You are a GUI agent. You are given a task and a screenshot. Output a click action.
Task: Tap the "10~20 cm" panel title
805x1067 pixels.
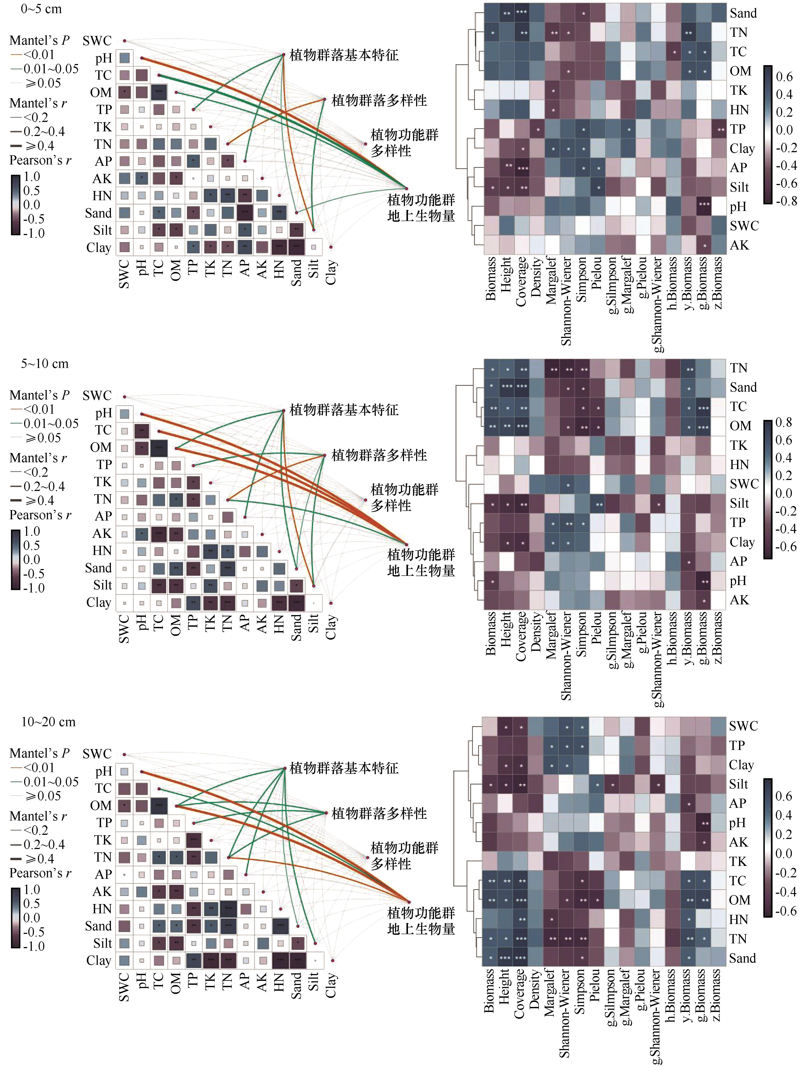click(x=48, y=722)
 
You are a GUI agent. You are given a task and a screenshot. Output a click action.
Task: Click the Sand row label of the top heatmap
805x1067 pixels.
click(x=743, y=13)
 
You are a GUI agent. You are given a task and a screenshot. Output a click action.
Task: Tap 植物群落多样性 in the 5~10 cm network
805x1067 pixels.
click(x=379, y=455)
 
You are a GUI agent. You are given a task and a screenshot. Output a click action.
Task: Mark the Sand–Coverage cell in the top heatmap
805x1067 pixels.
click(x=521, y=12)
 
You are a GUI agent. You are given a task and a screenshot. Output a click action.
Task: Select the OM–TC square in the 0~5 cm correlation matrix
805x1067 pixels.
click(x=159, y=92)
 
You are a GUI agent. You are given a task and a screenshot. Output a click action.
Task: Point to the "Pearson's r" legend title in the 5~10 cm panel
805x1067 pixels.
click(x=40, y=515)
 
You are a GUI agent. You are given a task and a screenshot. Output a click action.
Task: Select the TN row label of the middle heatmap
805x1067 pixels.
click(x=738, y=368)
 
